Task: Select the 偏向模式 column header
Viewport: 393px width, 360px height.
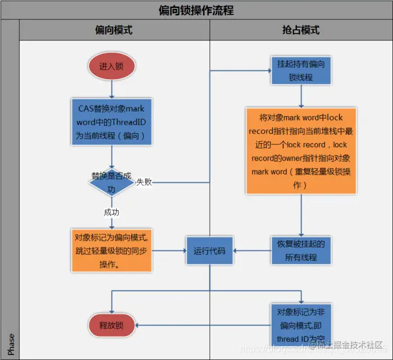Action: tap(114, 30)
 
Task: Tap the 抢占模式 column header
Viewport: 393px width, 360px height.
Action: tap(300, 30)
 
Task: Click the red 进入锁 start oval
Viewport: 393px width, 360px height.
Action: tap(111, 66)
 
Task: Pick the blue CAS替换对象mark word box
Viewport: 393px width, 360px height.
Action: tap(111, 121)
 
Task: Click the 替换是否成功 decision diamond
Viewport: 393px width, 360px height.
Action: tap(111, 182)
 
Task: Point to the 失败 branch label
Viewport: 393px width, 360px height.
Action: tap(144, 181)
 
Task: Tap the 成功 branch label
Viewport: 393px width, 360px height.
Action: tap(111, 212)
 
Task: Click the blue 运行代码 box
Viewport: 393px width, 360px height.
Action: tap(209, 250)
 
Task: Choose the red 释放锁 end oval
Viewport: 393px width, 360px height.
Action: tap(111, 325)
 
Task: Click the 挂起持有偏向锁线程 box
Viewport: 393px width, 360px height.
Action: tap(300, 71)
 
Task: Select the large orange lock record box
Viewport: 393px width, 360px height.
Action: tap(300, 150)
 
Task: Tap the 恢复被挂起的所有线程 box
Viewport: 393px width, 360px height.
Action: tap(300, 249)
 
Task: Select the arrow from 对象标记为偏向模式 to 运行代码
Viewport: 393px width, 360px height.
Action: tap(169, 250)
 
